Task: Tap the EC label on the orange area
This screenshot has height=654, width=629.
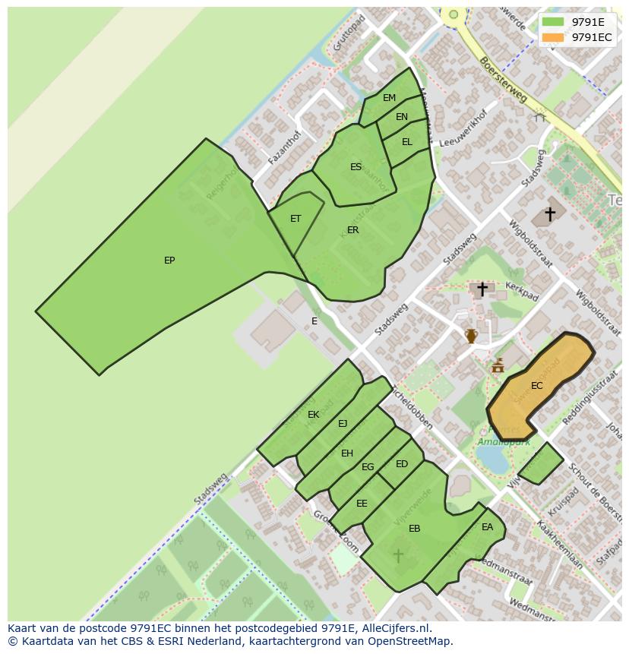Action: (537, 386)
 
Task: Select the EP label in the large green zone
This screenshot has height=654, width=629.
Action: (169, 261)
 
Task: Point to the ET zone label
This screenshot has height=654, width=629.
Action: (296, 219)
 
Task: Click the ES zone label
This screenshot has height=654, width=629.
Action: (356, 167)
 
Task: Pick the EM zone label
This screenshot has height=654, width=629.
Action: (389, 98)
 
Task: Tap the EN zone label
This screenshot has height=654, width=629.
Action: (402, 117)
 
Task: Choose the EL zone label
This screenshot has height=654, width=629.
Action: (407, 142)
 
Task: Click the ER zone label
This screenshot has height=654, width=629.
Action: (352, 230)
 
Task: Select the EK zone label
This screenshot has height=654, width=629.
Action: (313, 415)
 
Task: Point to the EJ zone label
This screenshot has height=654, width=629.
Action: (343, 424)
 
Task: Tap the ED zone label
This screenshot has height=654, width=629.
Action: (402, 464)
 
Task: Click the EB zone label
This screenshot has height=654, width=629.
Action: (414, 529)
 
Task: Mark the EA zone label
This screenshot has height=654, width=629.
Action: (487, 527)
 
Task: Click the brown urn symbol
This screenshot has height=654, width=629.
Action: (471, 336)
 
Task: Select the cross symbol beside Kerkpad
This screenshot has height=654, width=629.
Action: (482, 289)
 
